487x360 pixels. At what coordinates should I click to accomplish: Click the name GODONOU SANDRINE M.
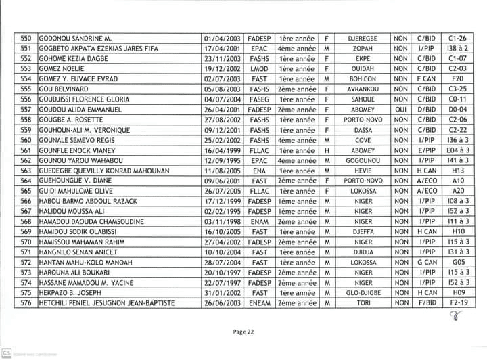pyautogui.click(x=76, y=39)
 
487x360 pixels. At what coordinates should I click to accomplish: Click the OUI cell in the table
pyautogui.click(x=400, y=109)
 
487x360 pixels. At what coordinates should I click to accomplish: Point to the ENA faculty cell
pyautogui.click(x=260, y=171)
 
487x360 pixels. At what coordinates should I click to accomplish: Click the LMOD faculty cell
pyautogui.click(x=260, y=68)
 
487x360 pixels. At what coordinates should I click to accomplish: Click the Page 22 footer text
pyautogui.click(x=243, y=332)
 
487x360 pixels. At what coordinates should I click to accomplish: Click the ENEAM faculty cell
pyautogui.click(x=260, y=302)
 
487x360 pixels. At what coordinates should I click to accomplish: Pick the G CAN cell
pyautogui.click(x=426, y=262)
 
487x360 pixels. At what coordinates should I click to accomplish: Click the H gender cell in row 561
pyautogui.click(x=327, y=150)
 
